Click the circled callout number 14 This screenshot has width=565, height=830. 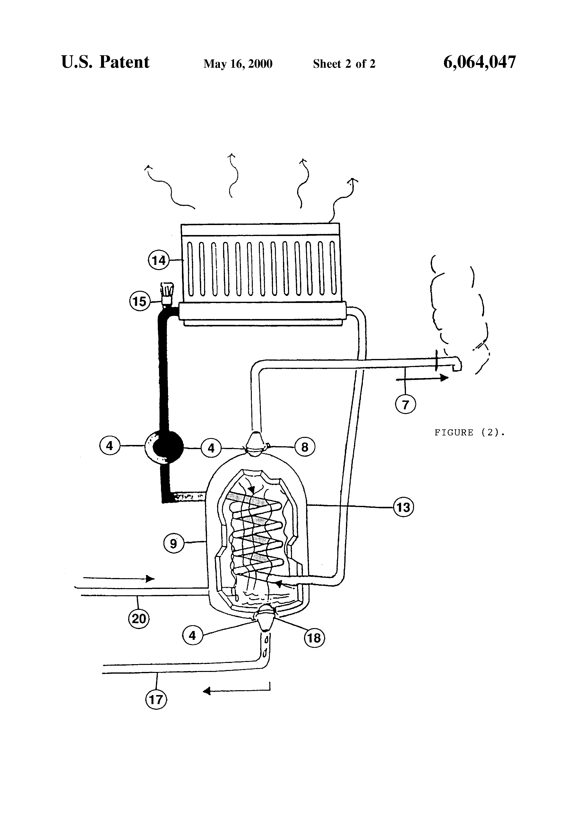click(x=159, y=260)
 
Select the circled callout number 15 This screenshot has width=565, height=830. click(x=139, y=302)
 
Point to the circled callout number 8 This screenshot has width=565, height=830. click(x=305, y=447)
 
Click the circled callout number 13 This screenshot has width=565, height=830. click(x=404, y=507)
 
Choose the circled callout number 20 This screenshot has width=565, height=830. click(x=139, y=618)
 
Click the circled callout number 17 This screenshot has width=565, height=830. click(x=156, y=699)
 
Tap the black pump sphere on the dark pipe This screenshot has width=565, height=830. click(x=167, y=446)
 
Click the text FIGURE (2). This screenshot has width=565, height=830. click(x=470, y=433)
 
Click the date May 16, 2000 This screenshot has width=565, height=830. click(x=238, y=64)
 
